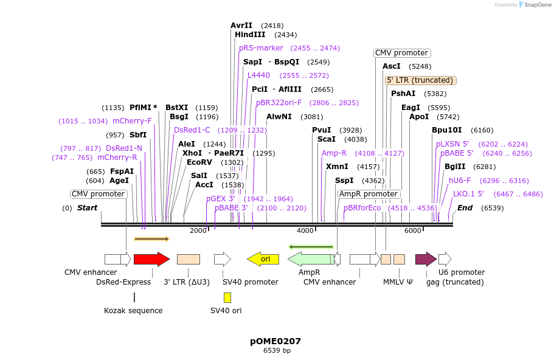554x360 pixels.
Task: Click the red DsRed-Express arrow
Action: pos(151,259)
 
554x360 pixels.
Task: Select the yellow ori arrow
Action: pos(263,259)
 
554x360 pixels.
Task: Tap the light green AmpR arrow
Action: pos(310,259)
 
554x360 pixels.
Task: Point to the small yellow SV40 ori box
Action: pos(227,297)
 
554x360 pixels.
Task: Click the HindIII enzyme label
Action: pos(250,35)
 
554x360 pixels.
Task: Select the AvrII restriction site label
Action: pos(241,26)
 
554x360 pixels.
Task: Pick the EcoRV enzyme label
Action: pos(199,162)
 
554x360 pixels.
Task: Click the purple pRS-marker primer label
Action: pos(261,48)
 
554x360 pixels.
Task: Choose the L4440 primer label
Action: pos(258,75)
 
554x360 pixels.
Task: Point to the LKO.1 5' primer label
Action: pos(468,194)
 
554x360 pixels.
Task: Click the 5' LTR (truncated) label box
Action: pos(420,80)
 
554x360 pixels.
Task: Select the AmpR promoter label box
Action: pos(369,194)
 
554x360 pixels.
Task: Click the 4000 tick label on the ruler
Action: pos(305,230)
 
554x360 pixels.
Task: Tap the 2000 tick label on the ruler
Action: pos(198,230)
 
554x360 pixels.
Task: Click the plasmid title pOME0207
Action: pos(275,341)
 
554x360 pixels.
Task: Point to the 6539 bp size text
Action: pos(277,351)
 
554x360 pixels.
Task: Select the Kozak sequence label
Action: pos(133,311)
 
